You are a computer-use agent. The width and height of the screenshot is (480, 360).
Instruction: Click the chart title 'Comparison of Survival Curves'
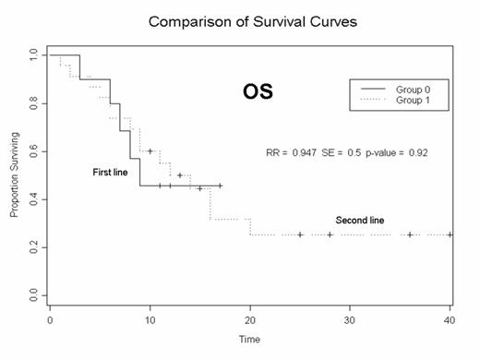tap(249, 19)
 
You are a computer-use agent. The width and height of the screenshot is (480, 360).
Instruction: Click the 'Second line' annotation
tap(359, 221)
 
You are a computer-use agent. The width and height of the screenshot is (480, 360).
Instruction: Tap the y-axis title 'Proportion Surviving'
tap(15, 174)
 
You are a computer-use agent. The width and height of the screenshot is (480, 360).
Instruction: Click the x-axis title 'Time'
tap(249, 340)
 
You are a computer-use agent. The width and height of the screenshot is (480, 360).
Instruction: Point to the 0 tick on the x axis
tap(50, 319)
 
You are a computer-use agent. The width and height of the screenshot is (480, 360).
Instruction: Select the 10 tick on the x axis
tap(150, 319)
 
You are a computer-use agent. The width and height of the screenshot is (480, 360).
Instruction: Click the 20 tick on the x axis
tap(250, 319)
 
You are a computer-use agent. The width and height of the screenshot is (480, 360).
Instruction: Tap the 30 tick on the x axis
tap(350, 319)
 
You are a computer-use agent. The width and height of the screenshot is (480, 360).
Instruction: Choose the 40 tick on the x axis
tap(450, 319)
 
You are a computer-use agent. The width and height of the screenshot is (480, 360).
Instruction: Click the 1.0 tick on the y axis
tap(33, 55)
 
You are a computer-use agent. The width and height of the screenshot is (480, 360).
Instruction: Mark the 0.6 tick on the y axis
tap(33, 151)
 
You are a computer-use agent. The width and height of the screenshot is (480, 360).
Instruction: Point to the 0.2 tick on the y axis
tap(33, 247)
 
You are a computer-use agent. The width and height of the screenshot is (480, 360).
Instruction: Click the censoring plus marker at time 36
tap(410, 234)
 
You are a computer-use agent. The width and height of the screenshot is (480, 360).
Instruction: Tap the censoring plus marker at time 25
tap(300, 234)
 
